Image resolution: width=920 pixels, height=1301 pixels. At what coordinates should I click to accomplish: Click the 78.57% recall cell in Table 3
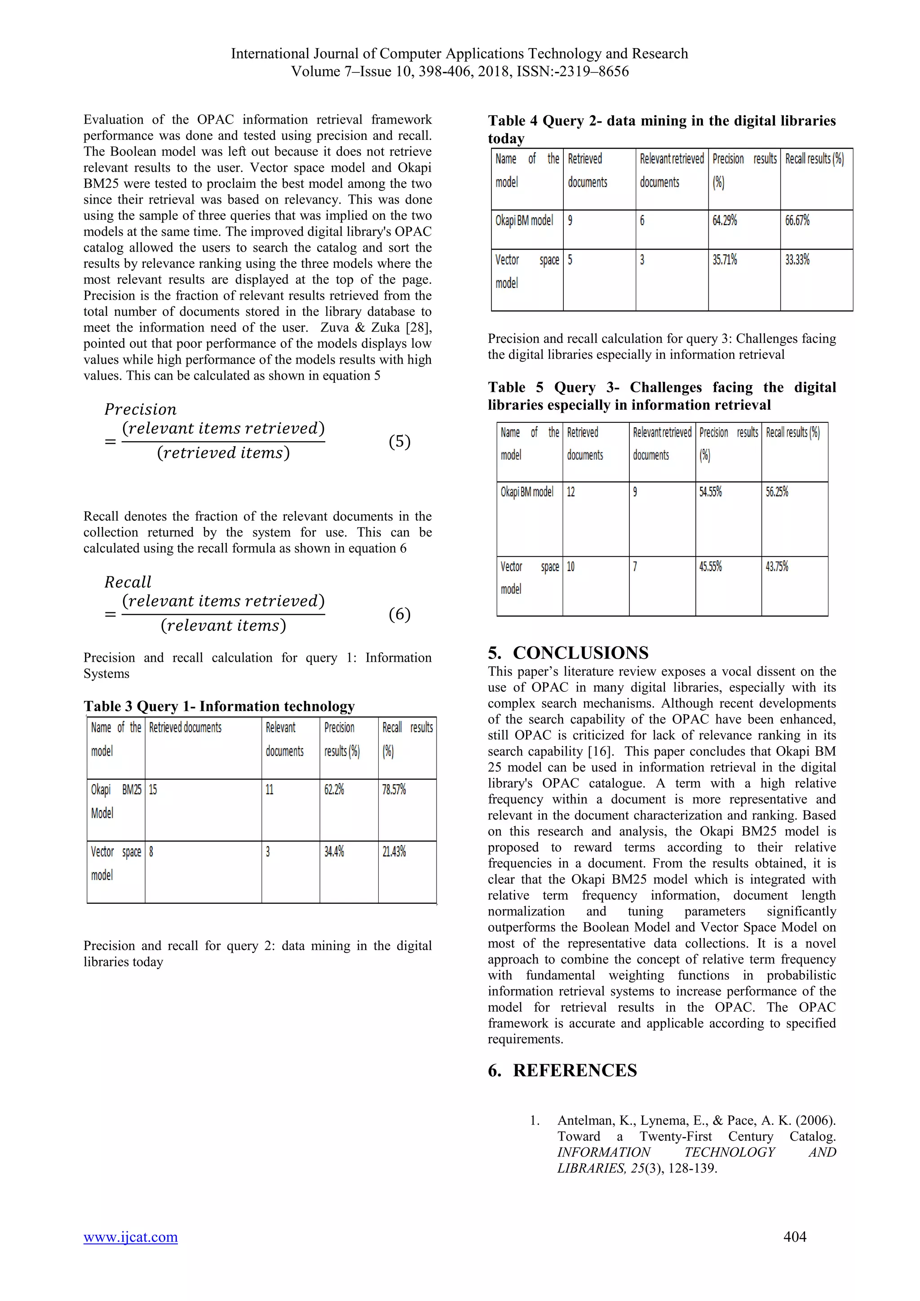click(x=394, y=789)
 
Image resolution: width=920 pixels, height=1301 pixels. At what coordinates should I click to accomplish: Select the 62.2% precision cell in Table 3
click(x=334, y=789)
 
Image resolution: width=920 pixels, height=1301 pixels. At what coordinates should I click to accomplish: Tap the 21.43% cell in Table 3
click(x=394, y=851)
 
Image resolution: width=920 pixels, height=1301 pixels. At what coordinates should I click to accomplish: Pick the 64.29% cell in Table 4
click(x=725, y=221)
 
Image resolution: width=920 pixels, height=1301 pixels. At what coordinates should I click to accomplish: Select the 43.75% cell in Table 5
click(x=777, y=566)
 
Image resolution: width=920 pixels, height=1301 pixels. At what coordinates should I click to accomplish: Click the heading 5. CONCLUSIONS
click(x=568, y=652)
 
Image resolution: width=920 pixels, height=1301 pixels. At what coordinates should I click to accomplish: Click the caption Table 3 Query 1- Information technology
click(x=219, y=706)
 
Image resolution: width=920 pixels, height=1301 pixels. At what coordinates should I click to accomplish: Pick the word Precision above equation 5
click(x=141, y=409)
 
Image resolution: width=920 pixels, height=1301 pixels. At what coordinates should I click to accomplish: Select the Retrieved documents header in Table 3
click(x=185, y=728)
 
